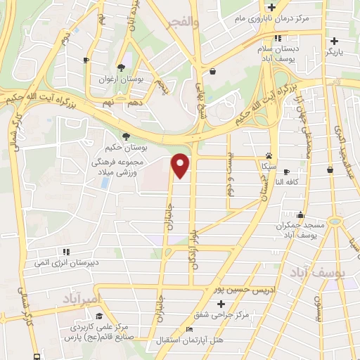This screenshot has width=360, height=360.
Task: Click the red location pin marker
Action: [181, 165]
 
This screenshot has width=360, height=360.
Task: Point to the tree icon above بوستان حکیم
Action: [126, 136]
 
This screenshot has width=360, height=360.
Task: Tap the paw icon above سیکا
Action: [269, 156]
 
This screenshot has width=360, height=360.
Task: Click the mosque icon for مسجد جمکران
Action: [301, 215]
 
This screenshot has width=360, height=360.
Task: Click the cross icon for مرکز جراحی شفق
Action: [221, 304]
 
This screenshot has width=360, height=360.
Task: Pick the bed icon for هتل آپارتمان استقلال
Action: [188, 329]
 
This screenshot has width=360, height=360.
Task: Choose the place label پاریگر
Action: [346, 52]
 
